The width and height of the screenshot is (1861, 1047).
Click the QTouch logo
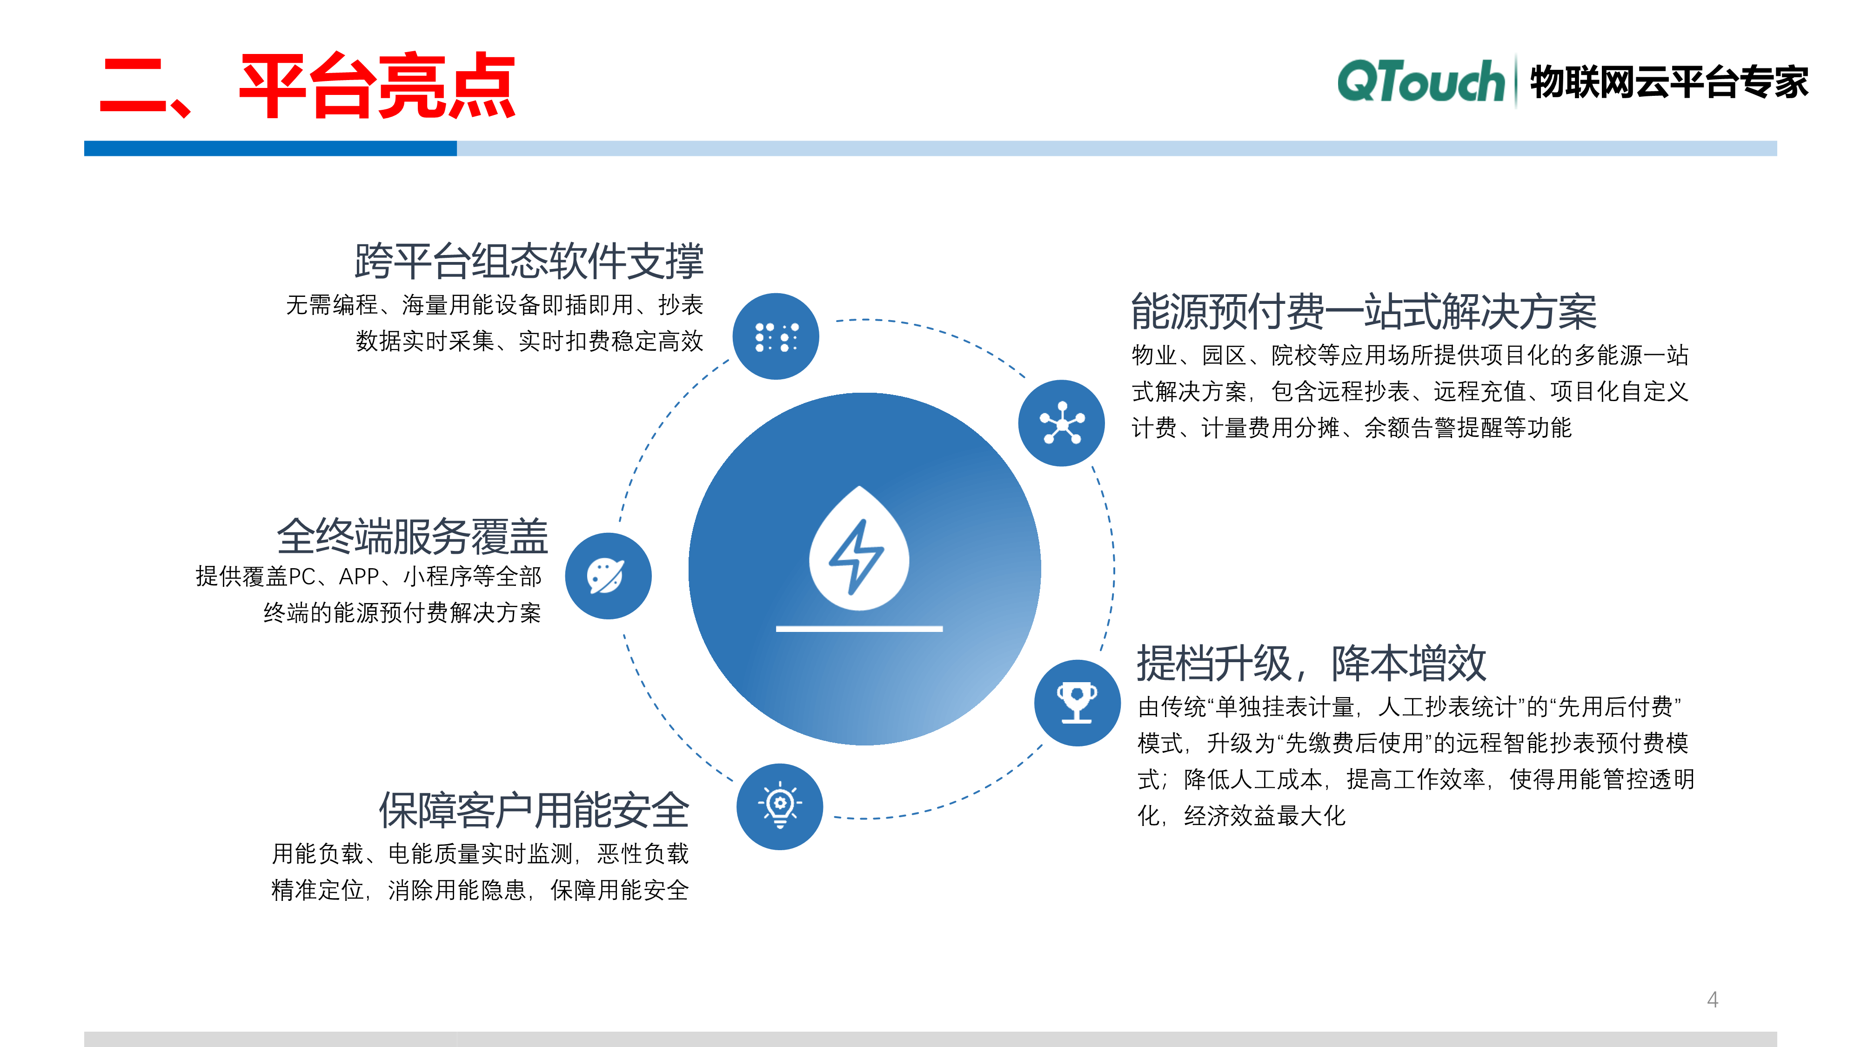(1420, 81)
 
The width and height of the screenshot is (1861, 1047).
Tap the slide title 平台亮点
(377, 86)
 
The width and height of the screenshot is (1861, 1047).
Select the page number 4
(1712, 1000)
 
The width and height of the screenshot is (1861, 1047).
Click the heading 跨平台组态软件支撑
(529, 261)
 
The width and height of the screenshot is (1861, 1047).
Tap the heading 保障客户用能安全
(534, 810)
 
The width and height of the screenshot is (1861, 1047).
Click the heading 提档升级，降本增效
(1311, 663)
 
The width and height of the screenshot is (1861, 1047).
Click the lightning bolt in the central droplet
(857, 555)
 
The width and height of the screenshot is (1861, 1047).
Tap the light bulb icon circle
(779, 806)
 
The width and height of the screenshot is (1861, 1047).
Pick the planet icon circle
(608, 576)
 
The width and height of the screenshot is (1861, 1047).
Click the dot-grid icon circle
(776, 337)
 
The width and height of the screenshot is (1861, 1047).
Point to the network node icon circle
(1061, 423)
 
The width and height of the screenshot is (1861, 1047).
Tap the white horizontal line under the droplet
(859, 629)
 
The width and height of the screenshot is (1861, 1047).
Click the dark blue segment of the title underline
(270, 148)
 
